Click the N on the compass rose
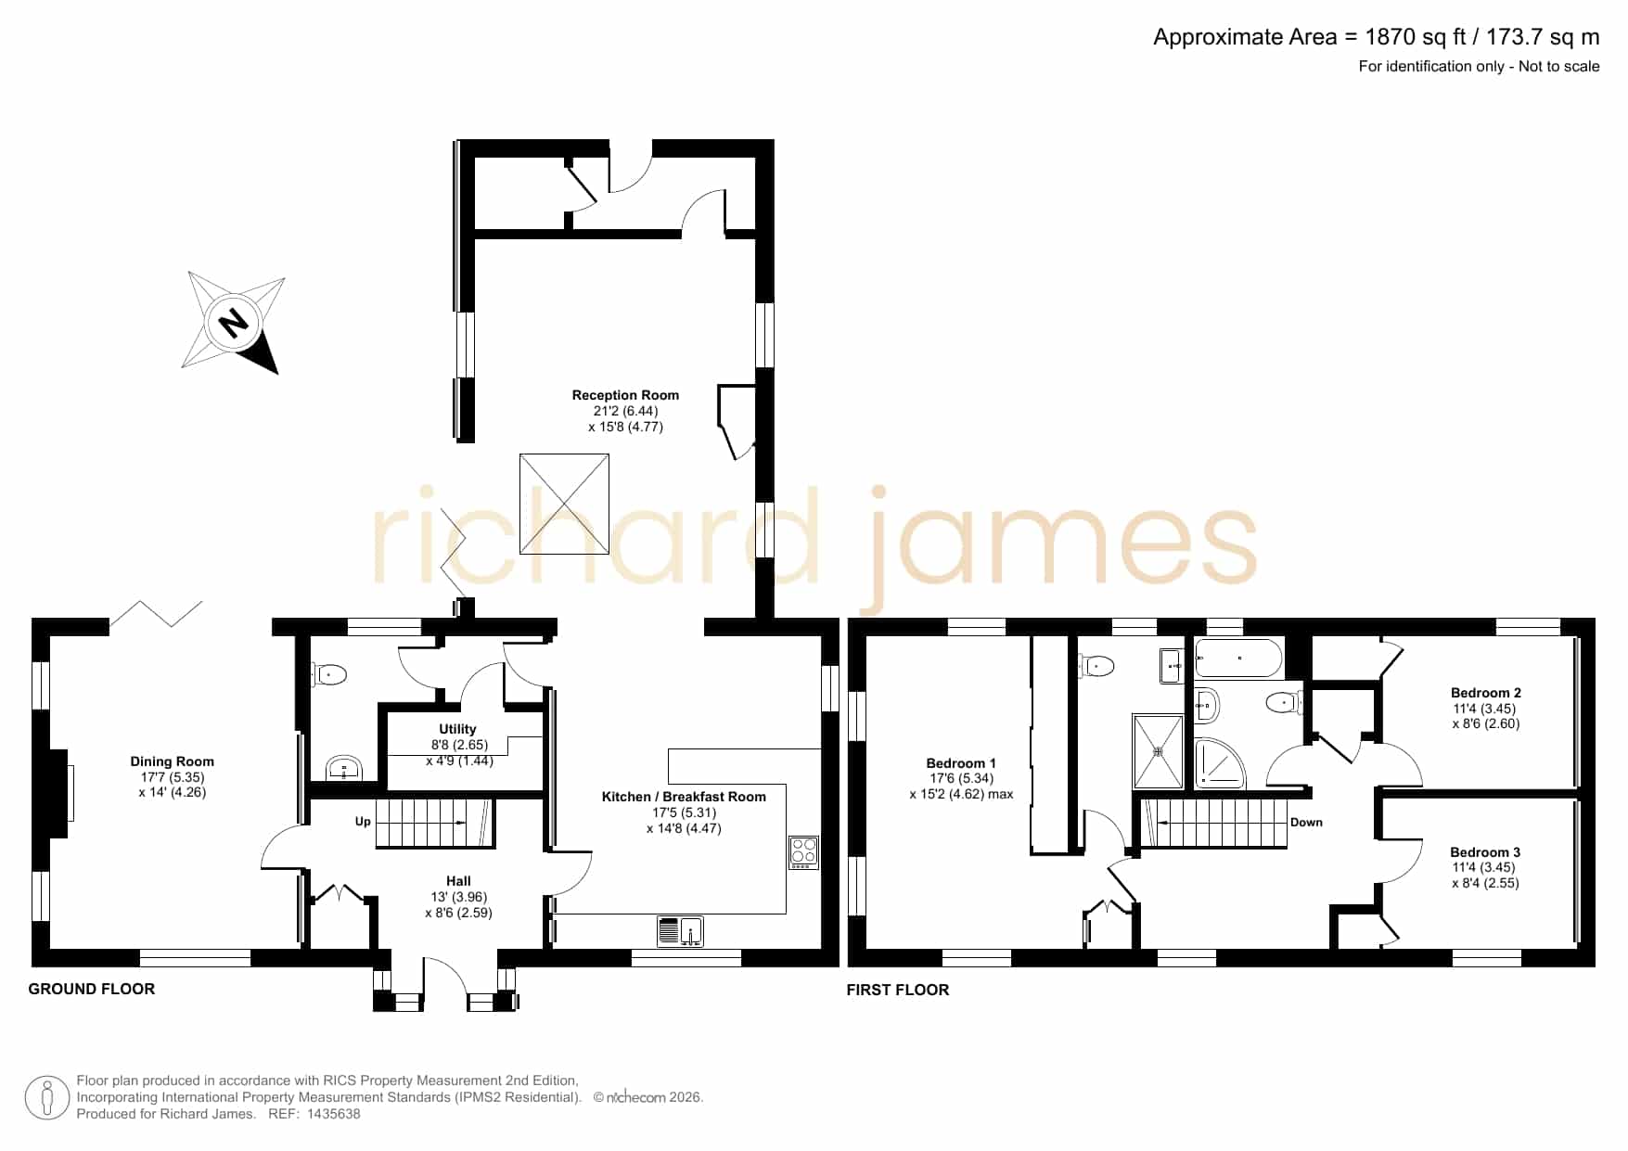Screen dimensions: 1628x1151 tap(232, 323)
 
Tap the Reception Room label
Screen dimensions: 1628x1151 tap(625, 395)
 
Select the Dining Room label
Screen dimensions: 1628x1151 tap(172, 761)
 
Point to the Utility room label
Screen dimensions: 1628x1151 tap(457, 729)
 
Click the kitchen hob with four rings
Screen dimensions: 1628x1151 tap(803, 852)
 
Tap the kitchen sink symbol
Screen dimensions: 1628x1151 tap(680, 930)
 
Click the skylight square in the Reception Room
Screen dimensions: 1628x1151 tap(564, 504)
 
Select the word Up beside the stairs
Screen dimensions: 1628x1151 tap(363, 822)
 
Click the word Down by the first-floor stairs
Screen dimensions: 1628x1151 tap(1306, 823)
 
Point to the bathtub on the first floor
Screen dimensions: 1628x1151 tap(1238, 659)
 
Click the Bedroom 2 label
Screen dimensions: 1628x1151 tap(1486, 693)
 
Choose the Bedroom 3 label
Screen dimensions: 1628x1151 tap(1485, 852)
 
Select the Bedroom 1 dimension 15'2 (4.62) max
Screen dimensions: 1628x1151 tap(961, 795)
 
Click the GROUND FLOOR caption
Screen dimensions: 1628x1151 tap(92, 989)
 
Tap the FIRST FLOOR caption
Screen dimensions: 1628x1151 tap(898, 990)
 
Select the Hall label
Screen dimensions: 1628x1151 tap(458, 881)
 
